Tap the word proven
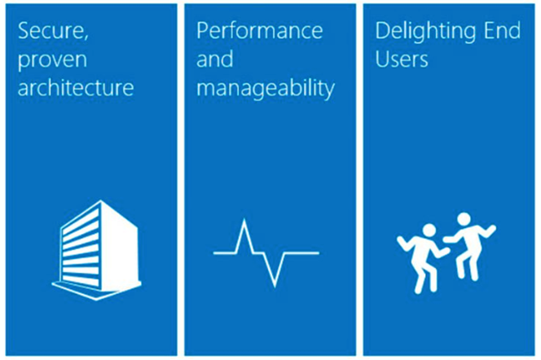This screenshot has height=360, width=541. coord(52,61)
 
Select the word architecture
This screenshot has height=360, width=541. coord(76,87)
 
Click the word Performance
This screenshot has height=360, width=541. coord(259,31)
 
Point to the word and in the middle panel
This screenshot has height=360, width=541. coord(214,59)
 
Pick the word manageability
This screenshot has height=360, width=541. coord(266,89)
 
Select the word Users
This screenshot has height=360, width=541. coord(402,59)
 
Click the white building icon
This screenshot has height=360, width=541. coord(97,250)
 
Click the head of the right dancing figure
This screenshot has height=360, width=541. coord(464,219)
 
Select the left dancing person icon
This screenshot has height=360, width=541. coord(422,259)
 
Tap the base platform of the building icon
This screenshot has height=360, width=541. coord(97,290)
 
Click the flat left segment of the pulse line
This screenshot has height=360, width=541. coord(225,253)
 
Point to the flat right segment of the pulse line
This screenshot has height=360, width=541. coord(302,253)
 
